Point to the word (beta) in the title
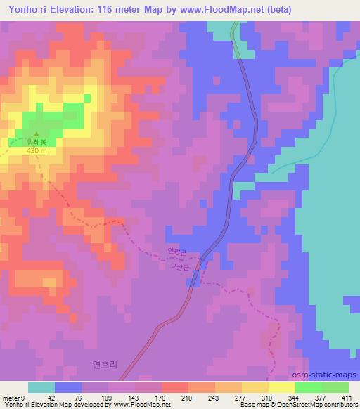pos(277,10)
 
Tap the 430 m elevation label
pos(37,150)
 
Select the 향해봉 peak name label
pos(37,141)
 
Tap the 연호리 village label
pos(103,364)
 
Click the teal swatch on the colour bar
pos(41,387)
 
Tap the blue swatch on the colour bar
pos(67,387)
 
